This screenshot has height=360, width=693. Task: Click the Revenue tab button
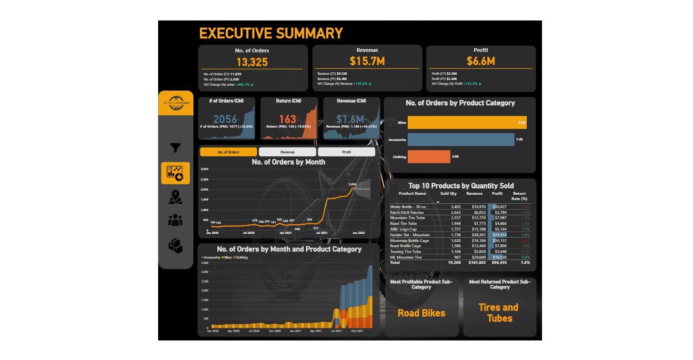pos(287,152)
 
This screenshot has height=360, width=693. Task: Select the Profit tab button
pos(346,152)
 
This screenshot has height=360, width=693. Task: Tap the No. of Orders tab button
pos(229,152)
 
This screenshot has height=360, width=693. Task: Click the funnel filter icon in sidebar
pos(175,148)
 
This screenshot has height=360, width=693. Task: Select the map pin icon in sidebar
pos(175,197)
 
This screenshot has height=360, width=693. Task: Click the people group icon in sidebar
pos(175,220)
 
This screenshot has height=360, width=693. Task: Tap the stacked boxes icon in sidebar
pos(175,245)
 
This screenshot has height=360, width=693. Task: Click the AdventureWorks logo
pos(176,103)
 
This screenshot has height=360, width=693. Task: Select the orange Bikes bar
pos(467,122)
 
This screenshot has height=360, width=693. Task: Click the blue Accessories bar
pos(461,140)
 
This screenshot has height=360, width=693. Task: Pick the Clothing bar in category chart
pos(429,157)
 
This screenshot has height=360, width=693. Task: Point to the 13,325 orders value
pos(252,62)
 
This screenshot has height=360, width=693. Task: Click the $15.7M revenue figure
pos(367,61)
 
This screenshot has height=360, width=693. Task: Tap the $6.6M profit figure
pos(481,61)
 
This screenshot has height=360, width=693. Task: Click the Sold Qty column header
pos(448,193)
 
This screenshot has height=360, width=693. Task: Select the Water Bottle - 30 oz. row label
pos(408,207)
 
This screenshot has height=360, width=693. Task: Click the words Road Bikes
pos(422,313)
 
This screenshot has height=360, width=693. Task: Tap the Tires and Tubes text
pos(499,313)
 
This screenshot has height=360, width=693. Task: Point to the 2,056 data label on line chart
pos(352,184)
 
